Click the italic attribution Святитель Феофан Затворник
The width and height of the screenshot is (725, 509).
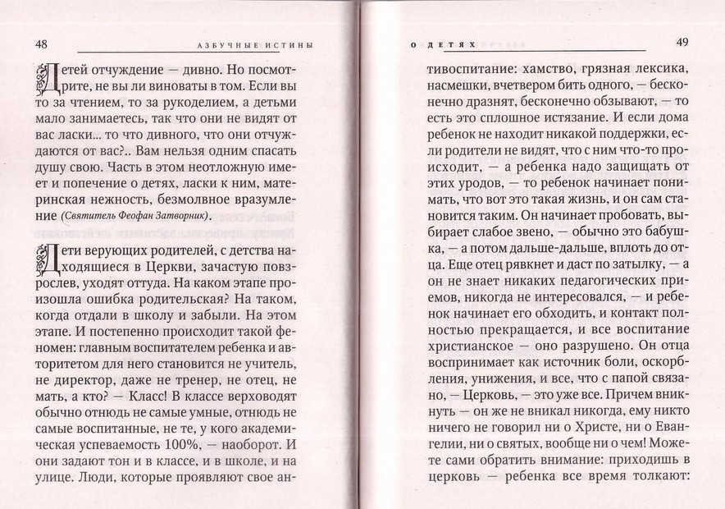point(135,215)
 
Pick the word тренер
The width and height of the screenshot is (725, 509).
point(211,371)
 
